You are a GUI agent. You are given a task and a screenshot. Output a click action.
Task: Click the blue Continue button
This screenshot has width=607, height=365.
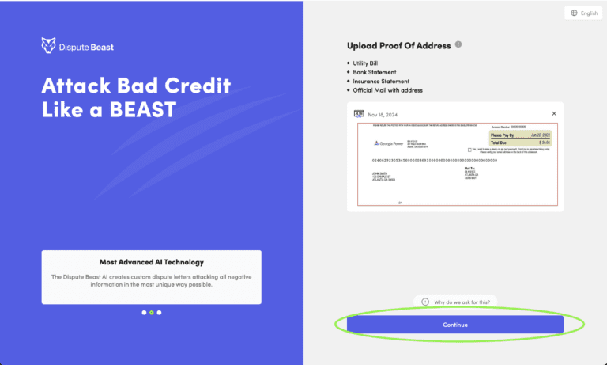455,325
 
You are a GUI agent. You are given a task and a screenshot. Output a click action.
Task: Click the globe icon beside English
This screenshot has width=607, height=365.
574,13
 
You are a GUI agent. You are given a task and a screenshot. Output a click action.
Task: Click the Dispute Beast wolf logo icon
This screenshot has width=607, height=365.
48,46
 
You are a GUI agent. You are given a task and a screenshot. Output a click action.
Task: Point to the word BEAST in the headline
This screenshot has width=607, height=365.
143,109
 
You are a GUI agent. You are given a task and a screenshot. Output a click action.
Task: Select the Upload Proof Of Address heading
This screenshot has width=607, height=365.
398,46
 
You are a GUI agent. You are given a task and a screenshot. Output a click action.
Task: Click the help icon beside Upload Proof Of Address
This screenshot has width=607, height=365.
458,44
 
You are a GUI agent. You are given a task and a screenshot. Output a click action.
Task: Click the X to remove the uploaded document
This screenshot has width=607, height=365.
554,114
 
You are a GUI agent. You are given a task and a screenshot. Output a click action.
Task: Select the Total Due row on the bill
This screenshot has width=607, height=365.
518,143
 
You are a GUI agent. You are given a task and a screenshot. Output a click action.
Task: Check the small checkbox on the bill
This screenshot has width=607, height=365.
470,149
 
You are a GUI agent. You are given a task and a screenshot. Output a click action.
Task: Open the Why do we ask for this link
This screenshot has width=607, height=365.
455,302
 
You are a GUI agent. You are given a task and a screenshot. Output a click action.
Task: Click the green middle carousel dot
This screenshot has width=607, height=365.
151,313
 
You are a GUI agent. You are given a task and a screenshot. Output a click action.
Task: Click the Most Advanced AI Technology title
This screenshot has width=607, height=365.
151,261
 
